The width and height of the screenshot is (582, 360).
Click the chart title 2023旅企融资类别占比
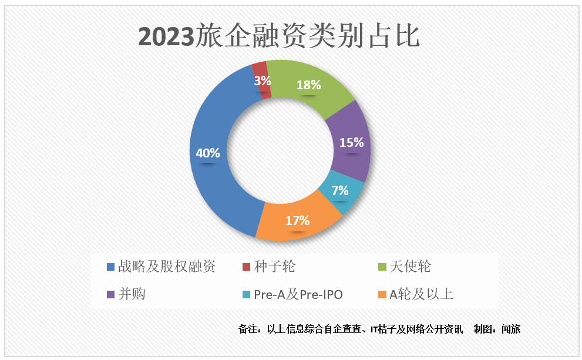click(x=279, y=36)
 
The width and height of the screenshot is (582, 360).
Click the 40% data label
click(x=208, y=153)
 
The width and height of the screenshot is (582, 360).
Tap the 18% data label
click(x=309, y=85)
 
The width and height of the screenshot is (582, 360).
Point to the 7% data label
click(x=339, y=191)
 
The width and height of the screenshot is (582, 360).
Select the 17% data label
click(x=297, y=221)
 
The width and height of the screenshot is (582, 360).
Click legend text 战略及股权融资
click(x=167, y=267)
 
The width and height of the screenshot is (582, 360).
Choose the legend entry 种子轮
click(x=275, y=267)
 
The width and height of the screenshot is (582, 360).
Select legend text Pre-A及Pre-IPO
click(x=298, y=295)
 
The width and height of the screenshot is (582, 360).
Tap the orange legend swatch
click(x=382, y=295)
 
